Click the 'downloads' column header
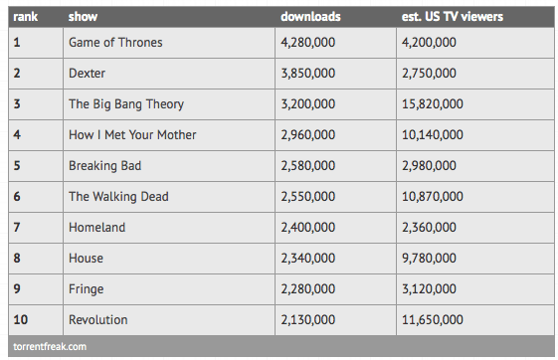click(x=310, y=17)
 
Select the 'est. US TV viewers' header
click(x=453, y=17)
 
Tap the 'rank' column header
click(x=25, y=17)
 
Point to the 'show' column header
click(x=83, y=17)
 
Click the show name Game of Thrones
click(x=115, y=43)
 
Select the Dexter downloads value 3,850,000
click(x=308, y=74)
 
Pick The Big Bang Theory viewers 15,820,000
click(x=433, y=104)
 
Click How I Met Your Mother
click(x=132, y=135)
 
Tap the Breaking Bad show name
click(x=105, y=166)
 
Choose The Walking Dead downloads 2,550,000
click(x=308, y=197)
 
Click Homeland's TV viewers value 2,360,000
click(x=429, y=228)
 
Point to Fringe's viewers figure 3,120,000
click(x=429, y=288)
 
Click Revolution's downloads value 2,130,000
click(x=308, y=320)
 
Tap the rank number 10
click(x=21, y=319)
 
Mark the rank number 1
click(x=17, y=43)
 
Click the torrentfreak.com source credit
click(x=50, y=346)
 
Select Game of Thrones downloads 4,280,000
click(x=308, y=43)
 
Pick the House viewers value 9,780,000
click(x=429, y=259)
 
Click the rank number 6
click(x=17, y=196)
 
